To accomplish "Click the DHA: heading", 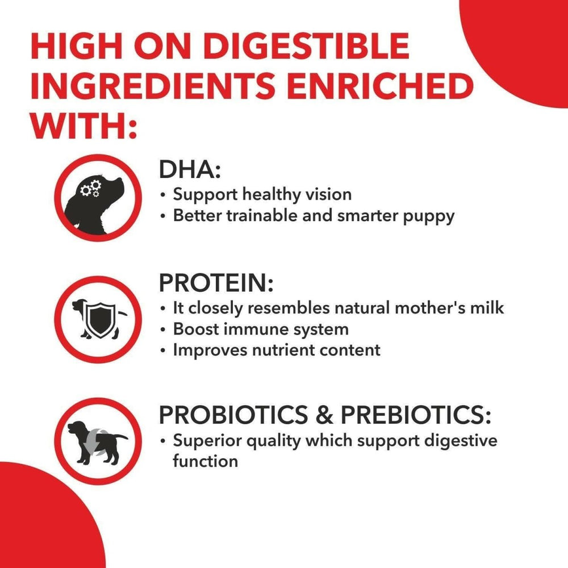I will tap(190, 170).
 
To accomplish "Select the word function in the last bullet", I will tap(205, 461).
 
